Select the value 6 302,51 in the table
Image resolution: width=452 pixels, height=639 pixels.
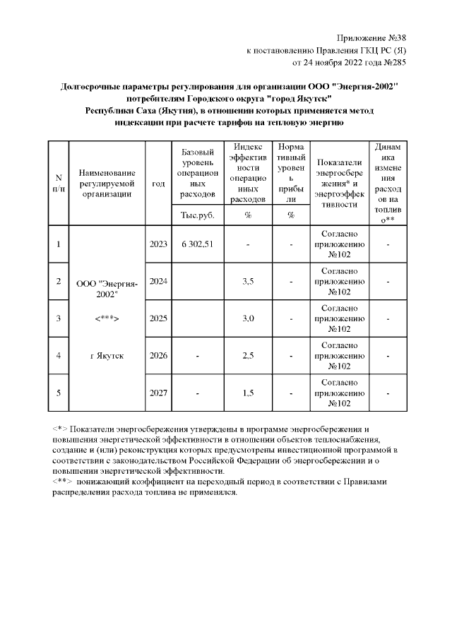197,244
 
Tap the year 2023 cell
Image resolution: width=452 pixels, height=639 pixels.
158,244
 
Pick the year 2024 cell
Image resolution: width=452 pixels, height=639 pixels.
158,281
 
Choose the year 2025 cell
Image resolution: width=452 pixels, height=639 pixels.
158,318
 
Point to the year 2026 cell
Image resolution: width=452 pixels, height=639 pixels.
158,355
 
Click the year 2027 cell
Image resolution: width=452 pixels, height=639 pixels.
158,393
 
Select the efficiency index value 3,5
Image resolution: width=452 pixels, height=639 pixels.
248,281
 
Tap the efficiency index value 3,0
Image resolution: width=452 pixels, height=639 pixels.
248,318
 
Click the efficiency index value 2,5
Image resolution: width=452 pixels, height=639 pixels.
248,355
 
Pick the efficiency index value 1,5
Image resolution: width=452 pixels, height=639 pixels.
248,393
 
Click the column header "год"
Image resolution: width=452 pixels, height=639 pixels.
158,183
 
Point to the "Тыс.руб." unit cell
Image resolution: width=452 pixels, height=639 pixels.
197,215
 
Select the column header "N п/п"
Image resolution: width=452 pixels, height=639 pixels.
59,183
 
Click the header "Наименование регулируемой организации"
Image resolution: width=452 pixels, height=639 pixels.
107,183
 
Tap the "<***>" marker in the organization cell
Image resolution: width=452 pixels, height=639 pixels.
107,318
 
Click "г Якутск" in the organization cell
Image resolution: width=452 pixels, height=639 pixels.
107,355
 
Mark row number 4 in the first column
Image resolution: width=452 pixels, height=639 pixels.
59,355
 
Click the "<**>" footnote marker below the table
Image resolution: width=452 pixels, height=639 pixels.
62,482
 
